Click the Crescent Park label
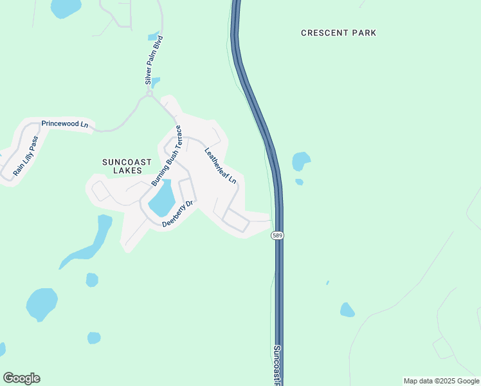[338, 33]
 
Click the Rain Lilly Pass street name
[26, 156]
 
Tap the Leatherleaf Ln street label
[221, 167]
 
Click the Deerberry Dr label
[178, 214]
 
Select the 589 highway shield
[277, 235]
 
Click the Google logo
[21, 378]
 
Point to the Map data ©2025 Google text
[441, 381]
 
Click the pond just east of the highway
[301, 161]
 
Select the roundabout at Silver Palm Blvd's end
[149, 94]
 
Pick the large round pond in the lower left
[42, 304]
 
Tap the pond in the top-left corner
[66, 8]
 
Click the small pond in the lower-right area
[347, 310]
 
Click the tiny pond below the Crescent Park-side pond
[300, 182]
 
